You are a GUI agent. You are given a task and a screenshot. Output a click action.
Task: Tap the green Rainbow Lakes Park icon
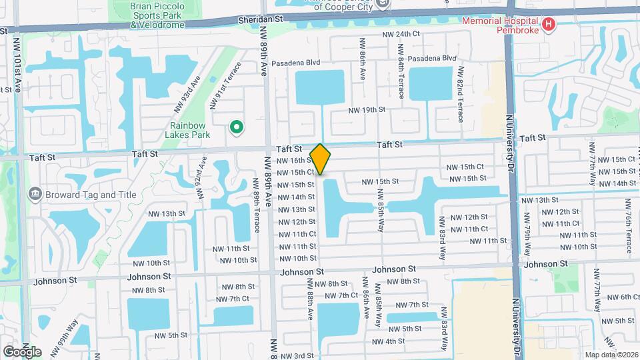point(235,127)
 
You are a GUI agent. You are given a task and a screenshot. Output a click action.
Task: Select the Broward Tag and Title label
point(91,195)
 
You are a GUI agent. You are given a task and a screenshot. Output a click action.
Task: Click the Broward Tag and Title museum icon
point(35,194)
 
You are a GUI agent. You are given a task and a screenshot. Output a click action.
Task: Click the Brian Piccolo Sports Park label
point(157,15)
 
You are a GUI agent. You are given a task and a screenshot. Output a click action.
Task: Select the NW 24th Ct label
point(401,34)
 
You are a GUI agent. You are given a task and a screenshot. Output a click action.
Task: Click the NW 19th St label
point(367,110)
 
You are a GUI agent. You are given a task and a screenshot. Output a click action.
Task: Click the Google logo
point(22,352)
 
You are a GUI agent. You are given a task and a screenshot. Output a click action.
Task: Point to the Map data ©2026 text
point(610,355)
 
